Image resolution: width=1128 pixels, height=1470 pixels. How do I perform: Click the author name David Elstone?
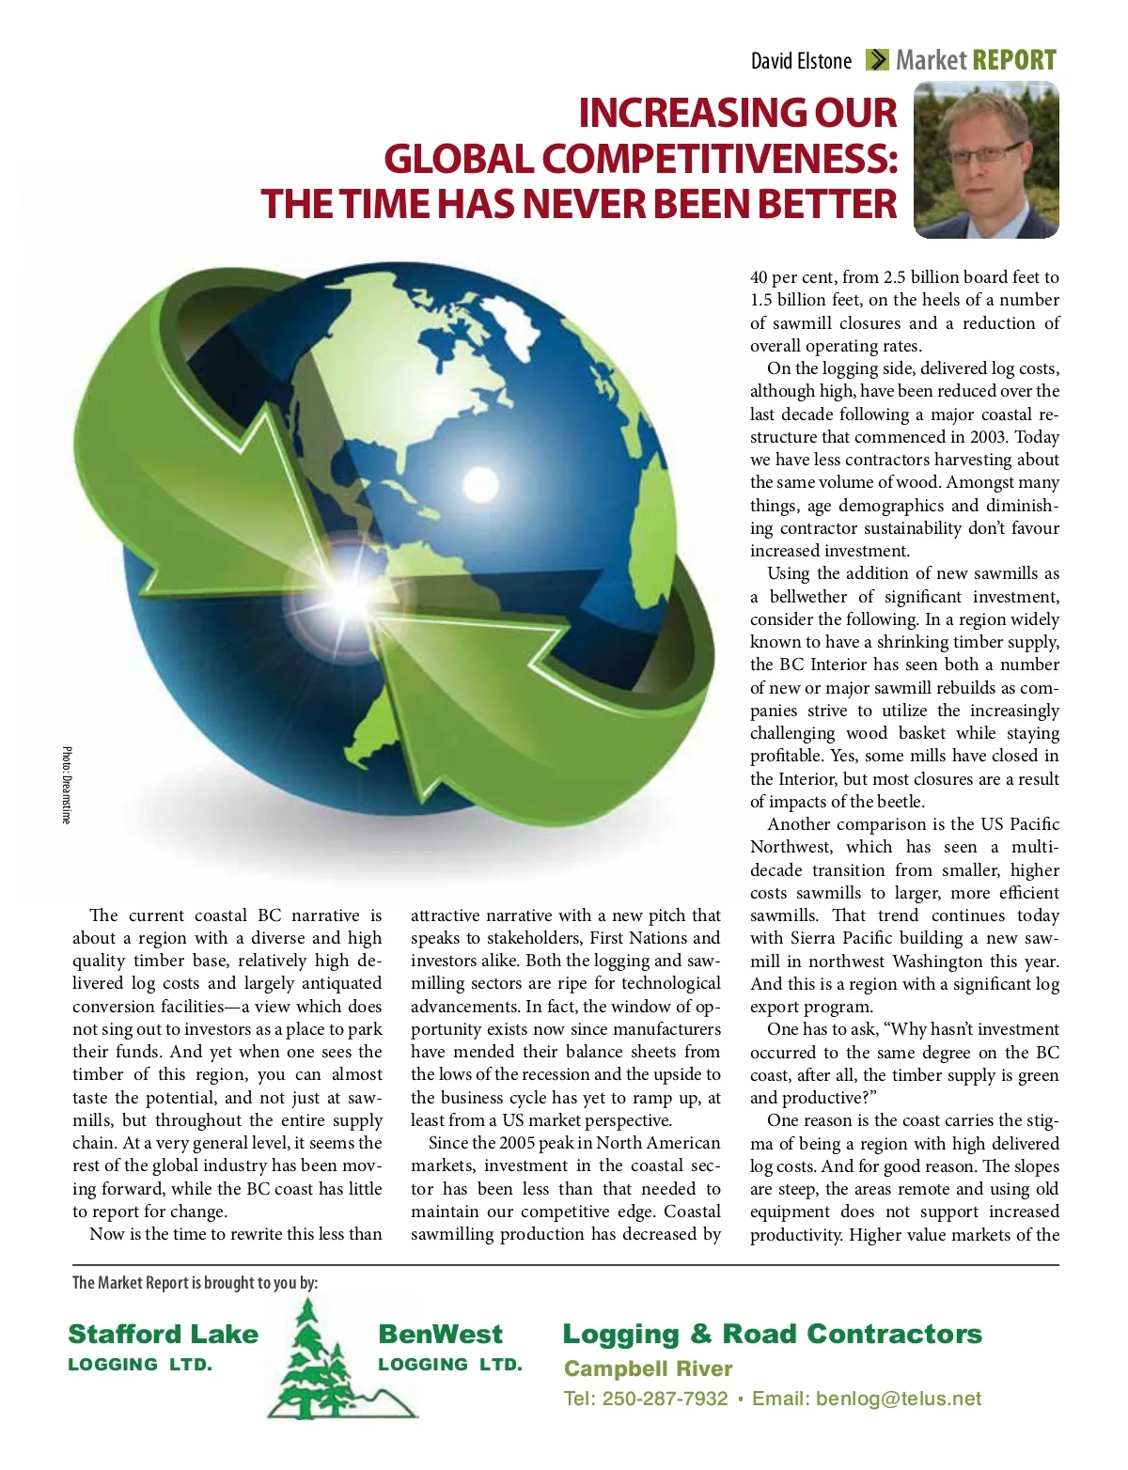pos(801,61)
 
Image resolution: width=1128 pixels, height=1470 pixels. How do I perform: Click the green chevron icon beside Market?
pos(876,61)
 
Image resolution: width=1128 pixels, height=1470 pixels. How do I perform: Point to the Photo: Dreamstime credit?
pos(67,785)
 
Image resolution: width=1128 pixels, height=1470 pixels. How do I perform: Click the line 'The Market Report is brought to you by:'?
pos(196,1283)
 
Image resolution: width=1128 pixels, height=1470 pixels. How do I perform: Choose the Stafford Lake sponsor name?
pos(163,1335)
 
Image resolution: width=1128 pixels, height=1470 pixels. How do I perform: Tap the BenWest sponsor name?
pos(440,1335)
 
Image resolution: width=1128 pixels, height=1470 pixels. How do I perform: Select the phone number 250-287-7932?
pos(665,1399)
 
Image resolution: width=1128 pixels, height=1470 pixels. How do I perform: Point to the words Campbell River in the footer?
pos(648,1368)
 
